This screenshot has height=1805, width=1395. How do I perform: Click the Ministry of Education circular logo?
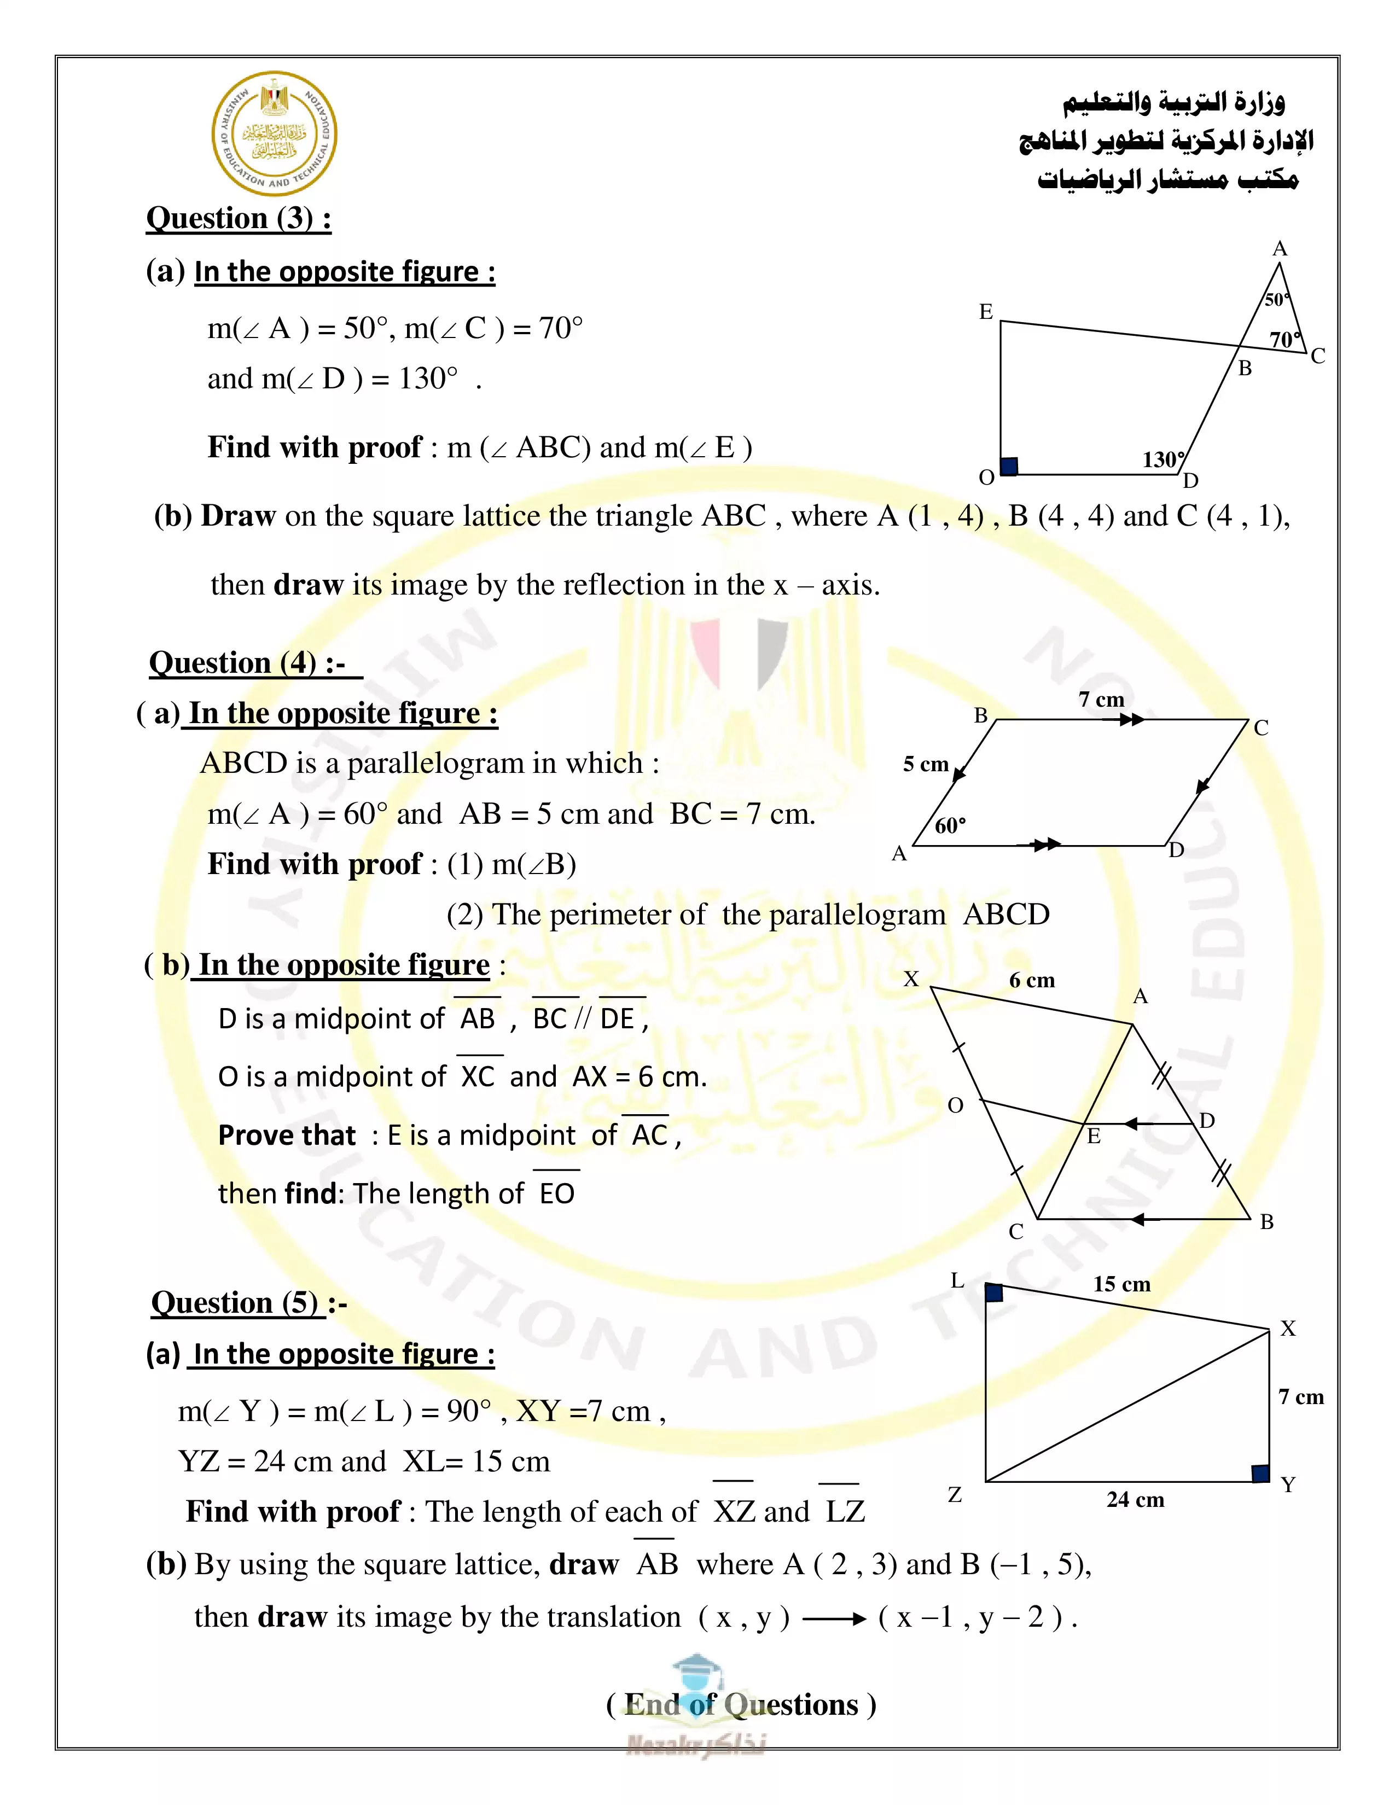click(275, 134)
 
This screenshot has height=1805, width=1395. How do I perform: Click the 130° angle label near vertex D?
click(1163, 459)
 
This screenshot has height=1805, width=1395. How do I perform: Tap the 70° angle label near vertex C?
click(1285, 339)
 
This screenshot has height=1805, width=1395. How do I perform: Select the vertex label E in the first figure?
click(986, 312)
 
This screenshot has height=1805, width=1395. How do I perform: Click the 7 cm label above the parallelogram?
click(1101, 699)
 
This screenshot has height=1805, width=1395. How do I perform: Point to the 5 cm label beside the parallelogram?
click(926, 764)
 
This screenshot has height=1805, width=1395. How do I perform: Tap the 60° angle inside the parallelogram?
click(950, 825)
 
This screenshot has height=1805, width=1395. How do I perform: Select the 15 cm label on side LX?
click(1121, 1284)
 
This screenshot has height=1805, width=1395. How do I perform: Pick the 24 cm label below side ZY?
click(1135, 1499)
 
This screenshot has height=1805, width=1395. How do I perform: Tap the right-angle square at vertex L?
click(994, 1292)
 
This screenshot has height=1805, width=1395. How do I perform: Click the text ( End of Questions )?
click(741, 1704)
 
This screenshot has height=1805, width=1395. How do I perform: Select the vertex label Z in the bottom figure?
click(955, 1495)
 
